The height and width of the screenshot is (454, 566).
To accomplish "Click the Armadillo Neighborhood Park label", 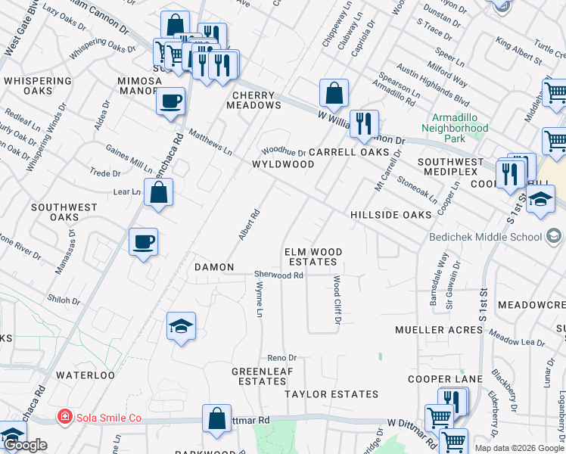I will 459,128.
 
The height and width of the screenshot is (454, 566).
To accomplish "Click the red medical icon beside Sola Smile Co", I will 65,417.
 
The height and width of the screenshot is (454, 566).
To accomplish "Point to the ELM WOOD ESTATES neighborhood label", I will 313,257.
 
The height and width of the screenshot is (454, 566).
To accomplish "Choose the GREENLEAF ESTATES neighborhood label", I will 258,376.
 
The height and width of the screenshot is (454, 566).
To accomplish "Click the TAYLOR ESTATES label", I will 331,394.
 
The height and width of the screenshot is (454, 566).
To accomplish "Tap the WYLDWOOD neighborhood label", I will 283,164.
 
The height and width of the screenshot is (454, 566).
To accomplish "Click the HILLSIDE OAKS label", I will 390,215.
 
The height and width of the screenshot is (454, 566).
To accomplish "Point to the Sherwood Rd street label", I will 278,275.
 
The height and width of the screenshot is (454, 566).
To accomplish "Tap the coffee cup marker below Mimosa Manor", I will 171,100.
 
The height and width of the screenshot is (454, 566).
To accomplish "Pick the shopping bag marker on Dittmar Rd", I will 217,418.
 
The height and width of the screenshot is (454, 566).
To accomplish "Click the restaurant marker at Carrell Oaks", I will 364,124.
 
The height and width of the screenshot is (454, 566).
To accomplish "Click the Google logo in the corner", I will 25,446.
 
